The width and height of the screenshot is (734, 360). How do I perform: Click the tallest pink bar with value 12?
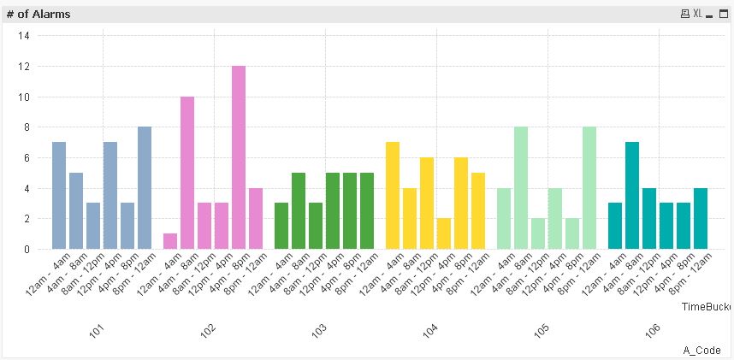click(239, 157)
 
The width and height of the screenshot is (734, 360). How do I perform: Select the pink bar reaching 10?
click(187, 173)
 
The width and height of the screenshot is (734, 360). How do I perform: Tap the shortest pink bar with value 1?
click(170, 241)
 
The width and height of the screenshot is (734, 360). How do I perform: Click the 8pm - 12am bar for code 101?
click(145, 188)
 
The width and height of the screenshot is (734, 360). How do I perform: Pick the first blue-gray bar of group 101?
click(59, 196)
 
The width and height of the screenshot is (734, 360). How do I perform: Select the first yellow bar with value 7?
click(393, 196)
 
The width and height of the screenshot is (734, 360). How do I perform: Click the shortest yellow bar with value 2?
click(444, 233)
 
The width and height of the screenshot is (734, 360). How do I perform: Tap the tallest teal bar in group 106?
click(632, 196)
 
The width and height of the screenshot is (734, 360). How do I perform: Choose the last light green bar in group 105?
click(589, 188)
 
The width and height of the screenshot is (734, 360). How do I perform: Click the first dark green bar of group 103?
click(281, 226)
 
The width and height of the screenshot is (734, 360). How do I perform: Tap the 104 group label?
click(431, 330)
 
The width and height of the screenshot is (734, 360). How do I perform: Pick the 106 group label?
click(654, 330)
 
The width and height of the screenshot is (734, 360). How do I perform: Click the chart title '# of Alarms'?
click(38, 15)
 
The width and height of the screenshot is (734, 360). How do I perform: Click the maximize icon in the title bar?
click(724, 15)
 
